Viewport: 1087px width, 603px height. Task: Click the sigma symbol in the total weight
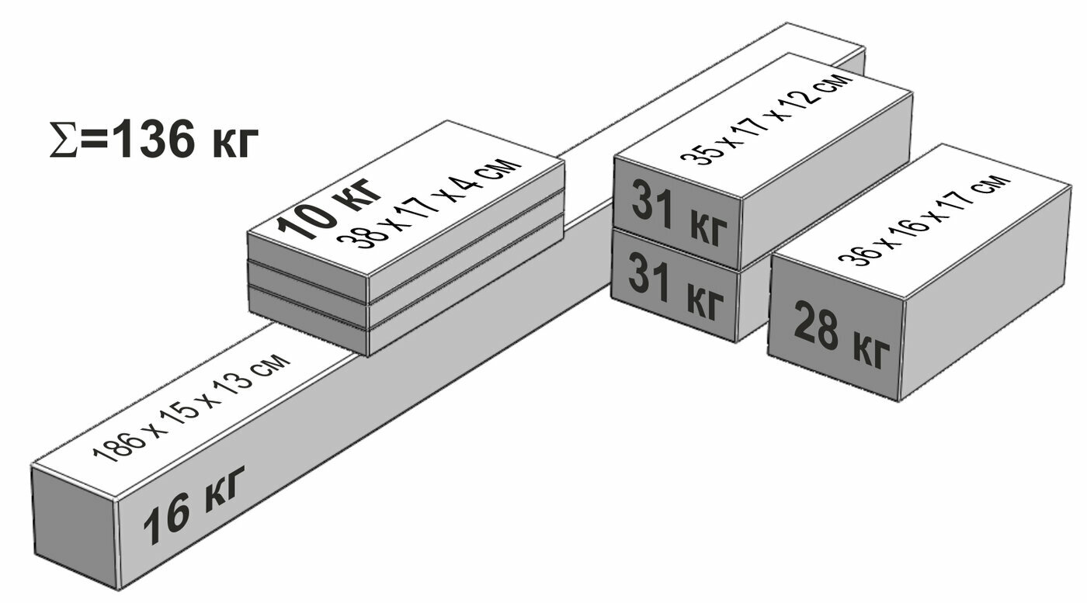63,141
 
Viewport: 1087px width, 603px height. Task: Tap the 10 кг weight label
329,205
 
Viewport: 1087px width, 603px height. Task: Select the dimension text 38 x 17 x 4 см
426,206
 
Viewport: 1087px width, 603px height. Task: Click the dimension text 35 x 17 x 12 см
760,120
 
